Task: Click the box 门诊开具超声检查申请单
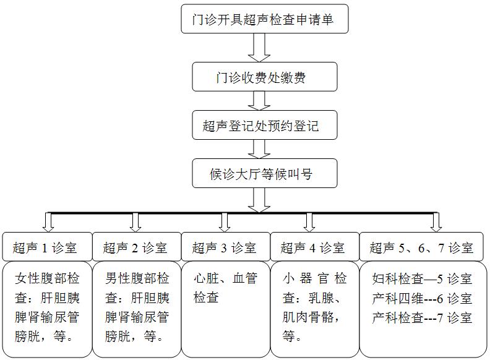[264, 20]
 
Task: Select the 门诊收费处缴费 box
[264, 77]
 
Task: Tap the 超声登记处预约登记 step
[264, 126]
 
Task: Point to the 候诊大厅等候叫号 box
[264, 173]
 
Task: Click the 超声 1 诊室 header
[47, 248]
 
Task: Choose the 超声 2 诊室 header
[136, 248]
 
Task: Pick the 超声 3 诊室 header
[225, 248]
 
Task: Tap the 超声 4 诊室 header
[314, 248]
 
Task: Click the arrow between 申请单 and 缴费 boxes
[259, 47]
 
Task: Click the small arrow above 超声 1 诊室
[48, 222]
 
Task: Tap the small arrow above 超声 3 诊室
[225, 222]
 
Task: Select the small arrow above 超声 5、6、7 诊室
[436, 222]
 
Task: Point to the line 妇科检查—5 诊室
[423, 278]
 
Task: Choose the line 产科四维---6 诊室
[423, 298]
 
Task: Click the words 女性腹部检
[47, 278]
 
